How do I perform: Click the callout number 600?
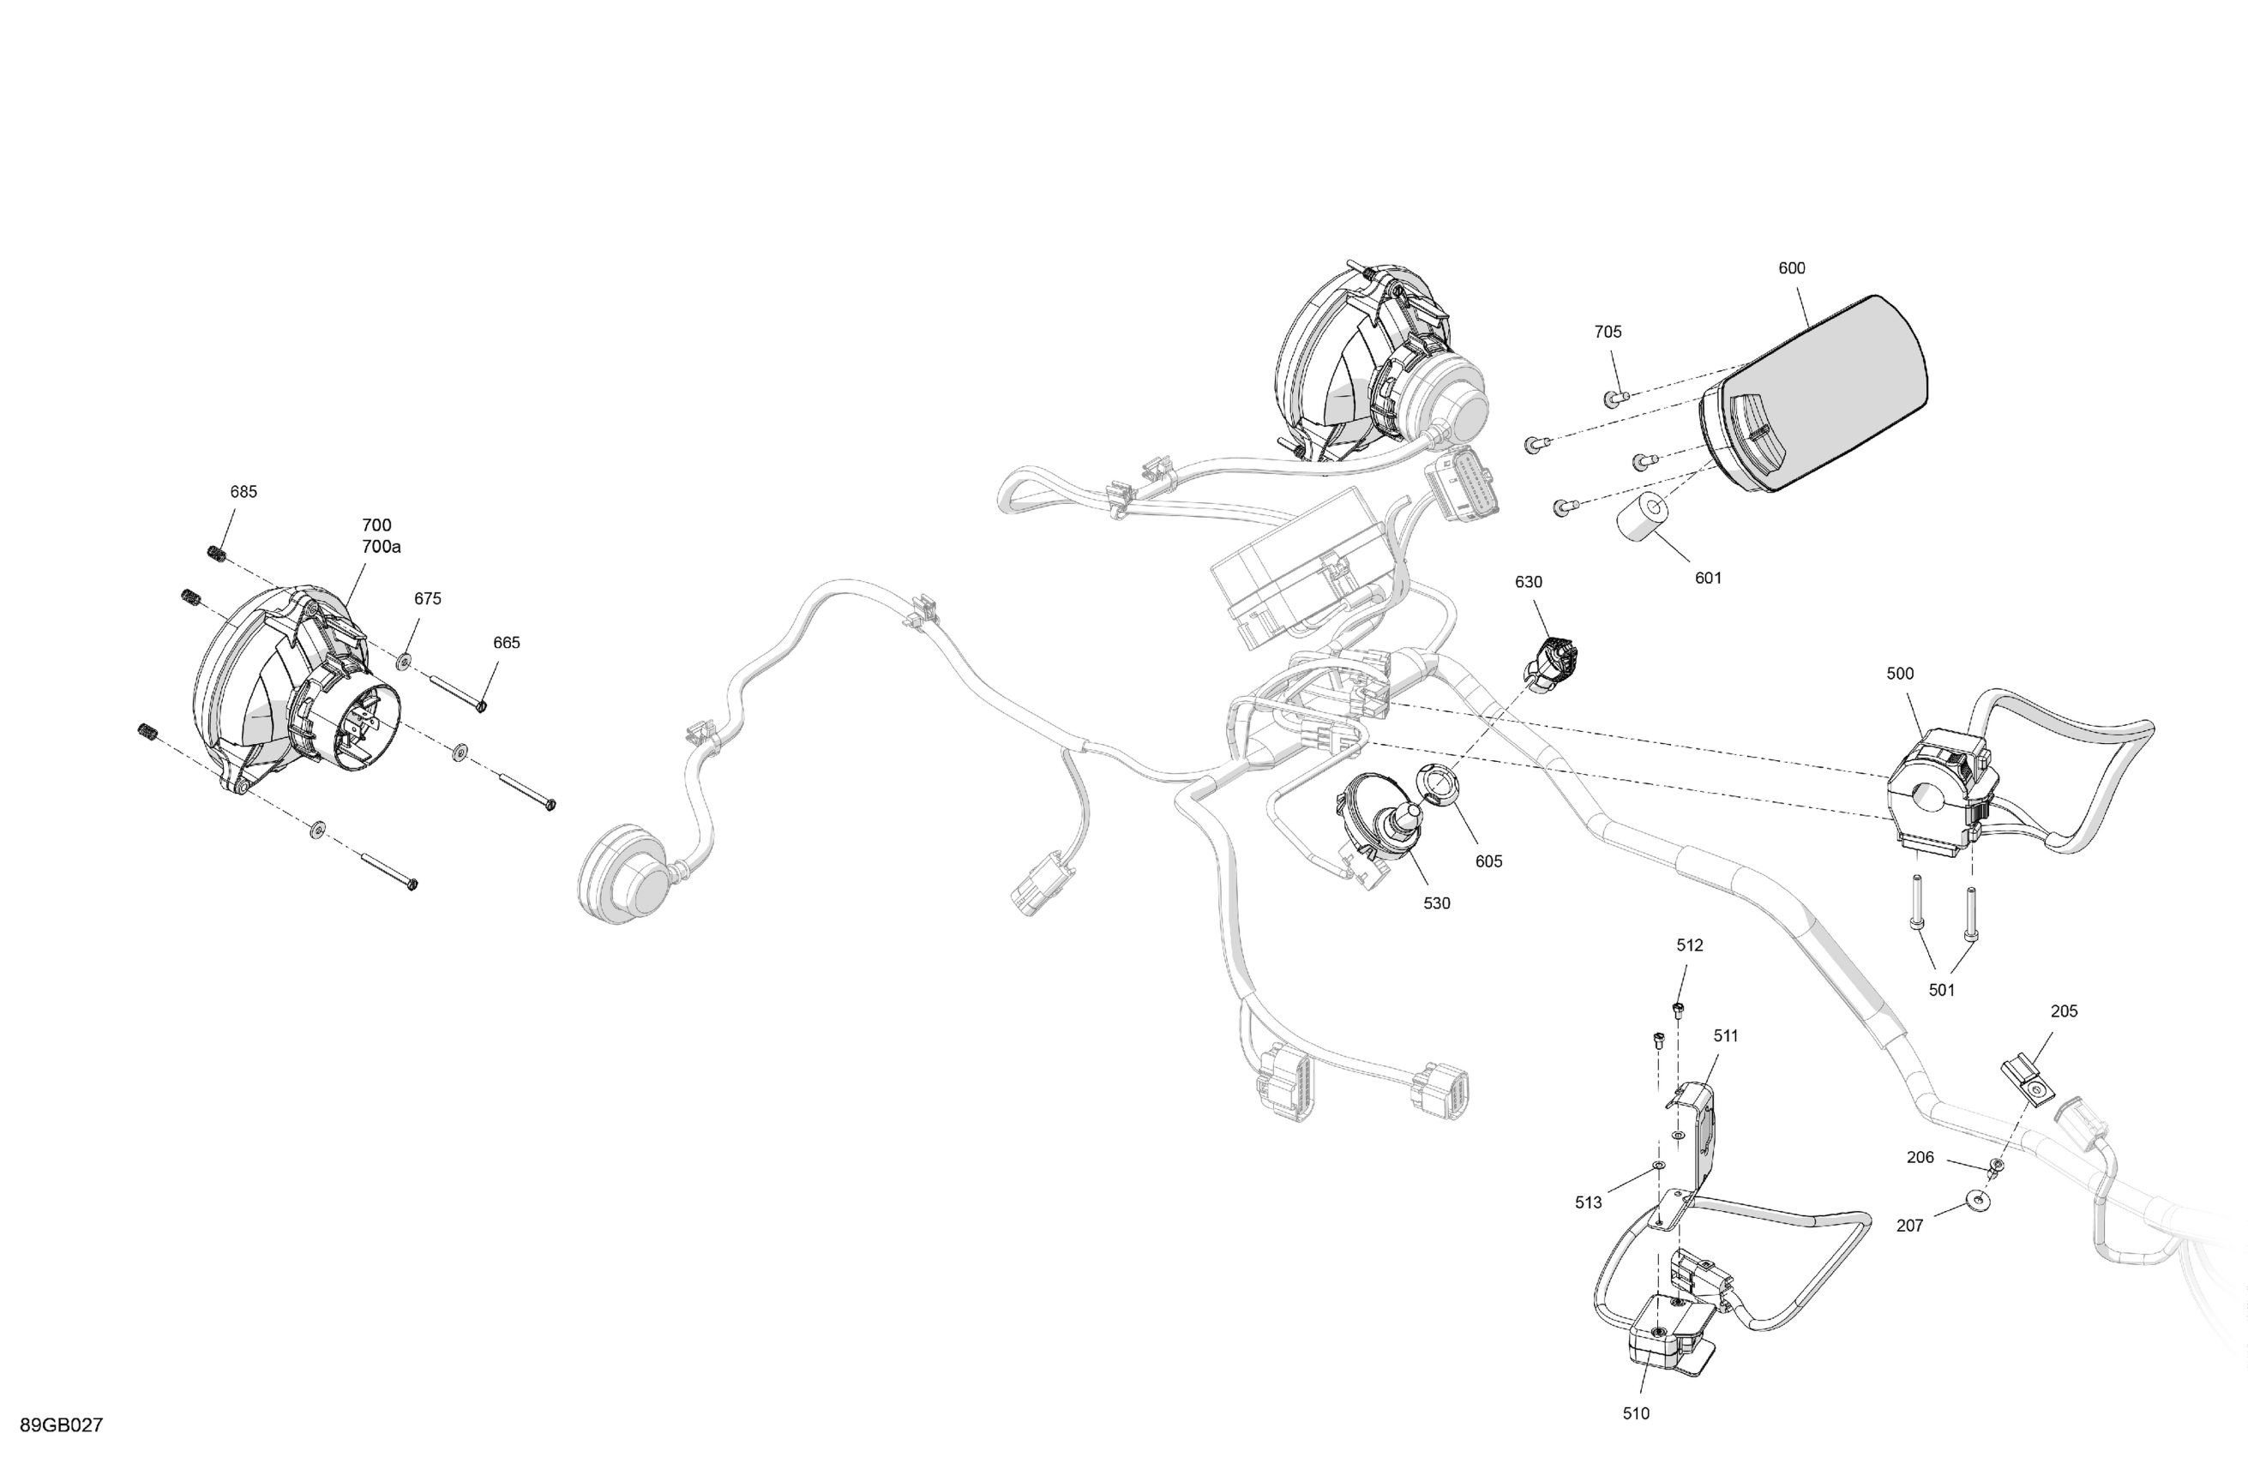1792,268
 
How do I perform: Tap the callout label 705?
1608,332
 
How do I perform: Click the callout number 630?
1529,582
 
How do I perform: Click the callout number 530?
1437,902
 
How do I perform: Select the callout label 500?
1899,674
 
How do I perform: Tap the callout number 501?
1941,990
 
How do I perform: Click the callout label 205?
2064,1010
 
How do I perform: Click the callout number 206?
1920,1157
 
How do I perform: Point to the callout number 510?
1636,1412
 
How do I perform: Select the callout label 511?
1726,1035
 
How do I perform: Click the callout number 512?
1690,944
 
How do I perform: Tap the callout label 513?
1589,1202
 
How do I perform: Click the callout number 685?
243,491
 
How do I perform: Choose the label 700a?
381,547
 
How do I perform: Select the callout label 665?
507,642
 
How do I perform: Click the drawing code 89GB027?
62,1425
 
